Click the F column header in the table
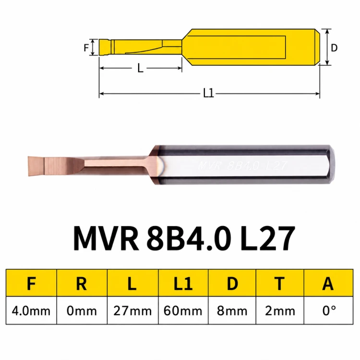(31, 283)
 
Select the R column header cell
(82, 283)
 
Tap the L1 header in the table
(183, 283)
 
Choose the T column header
(280, 283)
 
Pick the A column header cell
(328, 283)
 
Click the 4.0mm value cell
(31, 311)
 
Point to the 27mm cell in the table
(132, 311)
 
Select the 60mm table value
(183, 311)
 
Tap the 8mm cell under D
(232, 311)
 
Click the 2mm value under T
(280, 311)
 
